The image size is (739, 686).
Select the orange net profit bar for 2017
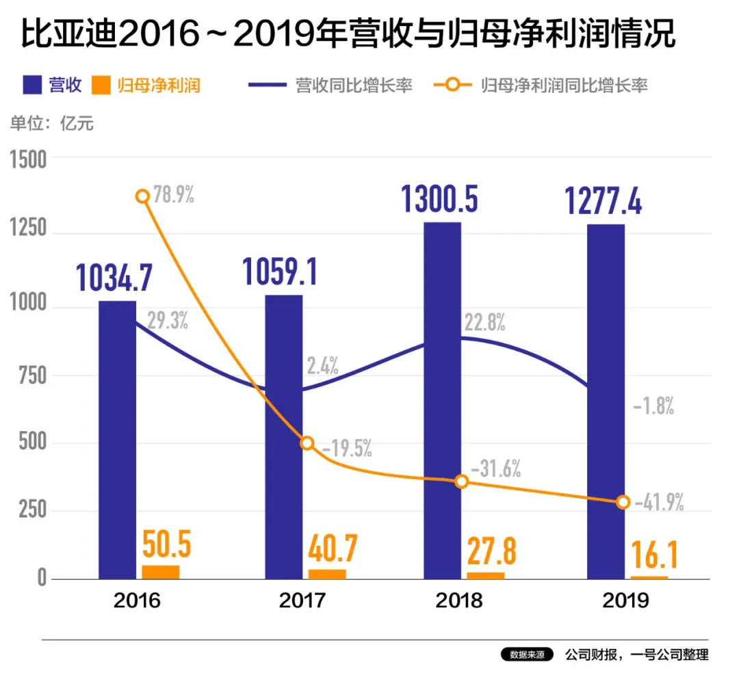point(327,574)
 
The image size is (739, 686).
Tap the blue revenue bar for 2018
point(442,400)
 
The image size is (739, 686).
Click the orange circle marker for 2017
point(307,443)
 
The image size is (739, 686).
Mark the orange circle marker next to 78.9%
point(142,196)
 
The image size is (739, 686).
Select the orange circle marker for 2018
point(461,481)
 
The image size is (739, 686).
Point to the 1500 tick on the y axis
point(28,159)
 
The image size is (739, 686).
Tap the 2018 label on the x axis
point(459,601)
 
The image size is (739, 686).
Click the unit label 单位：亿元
point(51,124)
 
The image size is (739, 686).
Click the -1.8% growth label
point(653,407)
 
